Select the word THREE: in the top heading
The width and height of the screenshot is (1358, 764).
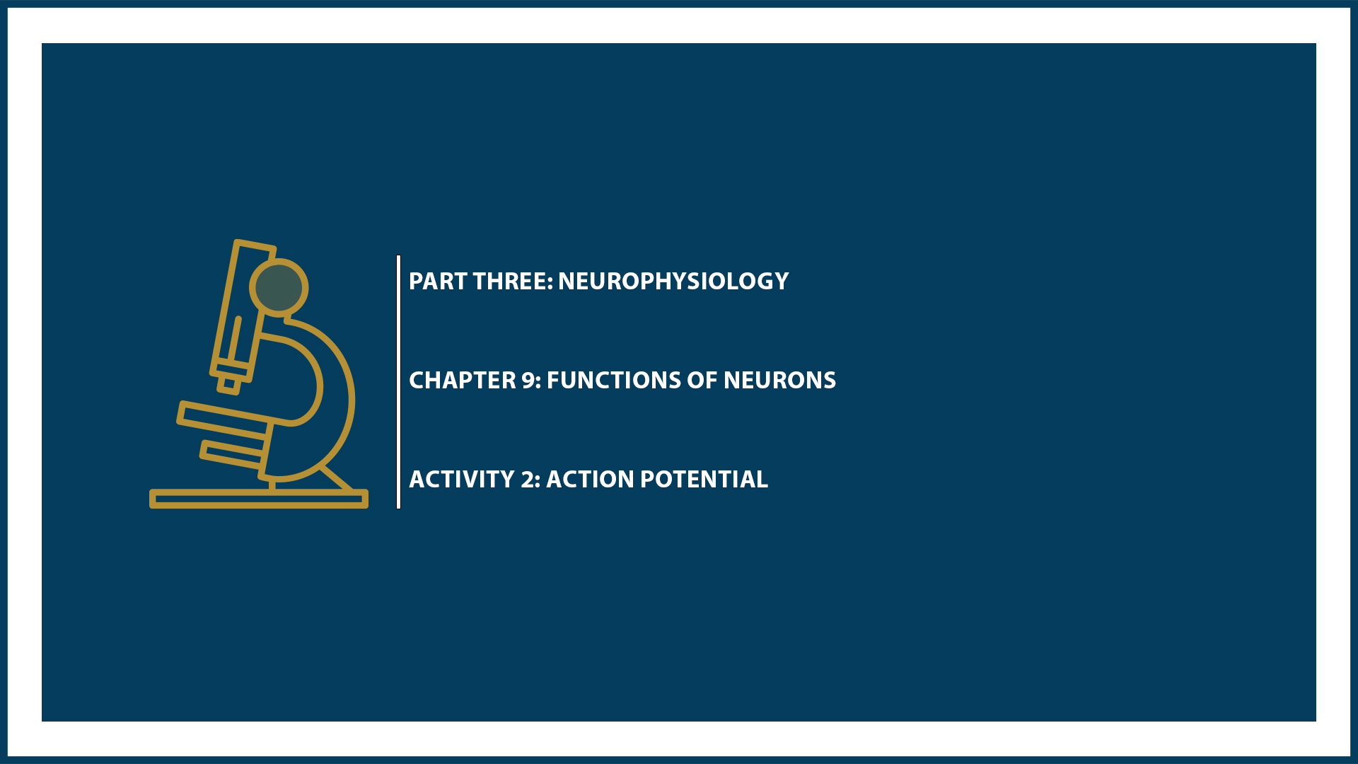pos(513,282)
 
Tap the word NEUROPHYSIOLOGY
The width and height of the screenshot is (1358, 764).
pos(673,282)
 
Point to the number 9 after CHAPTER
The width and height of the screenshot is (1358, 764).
pos(528,381)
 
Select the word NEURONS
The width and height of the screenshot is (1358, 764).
pos(779,381)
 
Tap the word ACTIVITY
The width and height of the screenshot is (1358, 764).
pos(462,480)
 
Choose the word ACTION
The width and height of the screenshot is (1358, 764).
pos(590,480)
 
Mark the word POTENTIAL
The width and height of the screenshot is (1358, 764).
pos(704,480)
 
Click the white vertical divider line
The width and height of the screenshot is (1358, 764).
pos(399,382)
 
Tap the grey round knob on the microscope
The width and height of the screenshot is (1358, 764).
pos(279,288)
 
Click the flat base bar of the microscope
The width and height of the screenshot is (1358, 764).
pos(259,499)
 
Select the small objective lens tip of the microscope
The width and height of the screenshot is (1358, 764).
pos(229,384)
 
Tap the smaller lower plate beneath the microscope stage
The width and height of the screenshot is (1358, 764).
pos(232,454)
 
